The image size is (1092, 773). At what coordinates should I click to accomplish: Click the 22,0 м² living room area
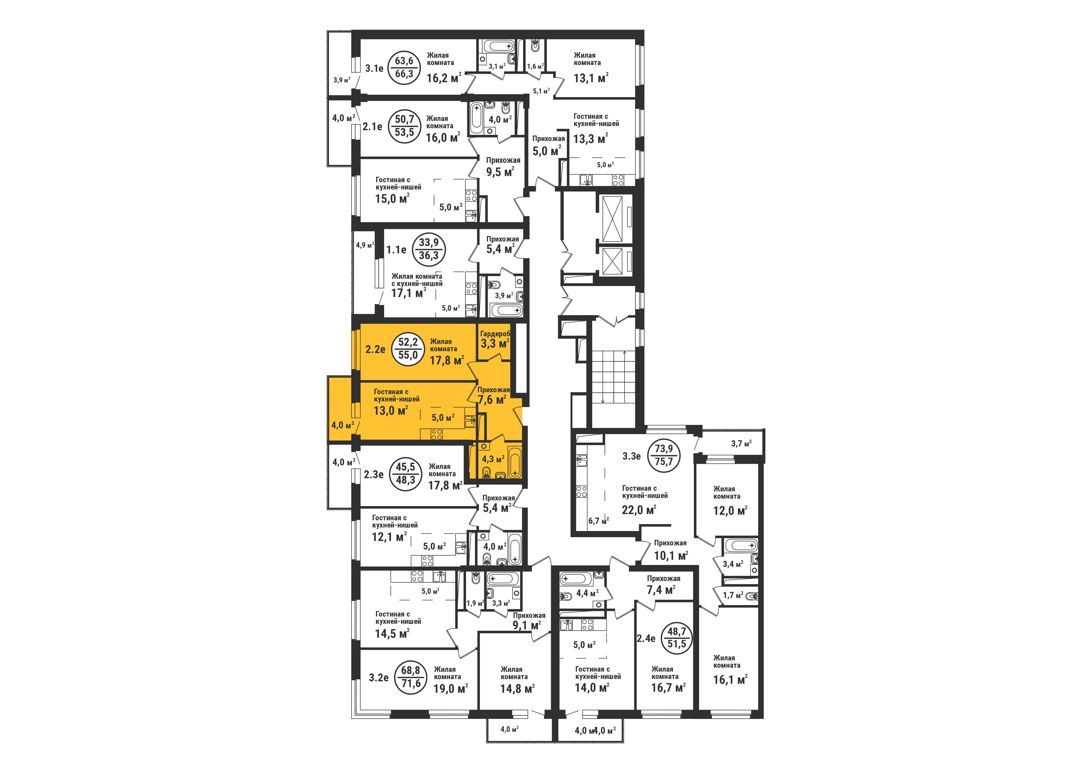coord(639,510)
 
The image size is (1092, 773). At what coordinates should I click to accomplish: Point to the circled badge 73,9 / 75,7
coord(667,455)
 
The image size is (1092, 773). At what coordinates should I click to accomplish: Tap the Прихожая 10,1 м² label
coord(671,549)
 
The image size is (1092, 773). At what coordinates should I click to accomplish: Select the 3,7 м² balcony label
coord(741,444)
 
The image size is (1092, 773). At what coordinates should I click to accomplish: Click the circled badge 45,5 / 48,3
coord(405,474)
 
